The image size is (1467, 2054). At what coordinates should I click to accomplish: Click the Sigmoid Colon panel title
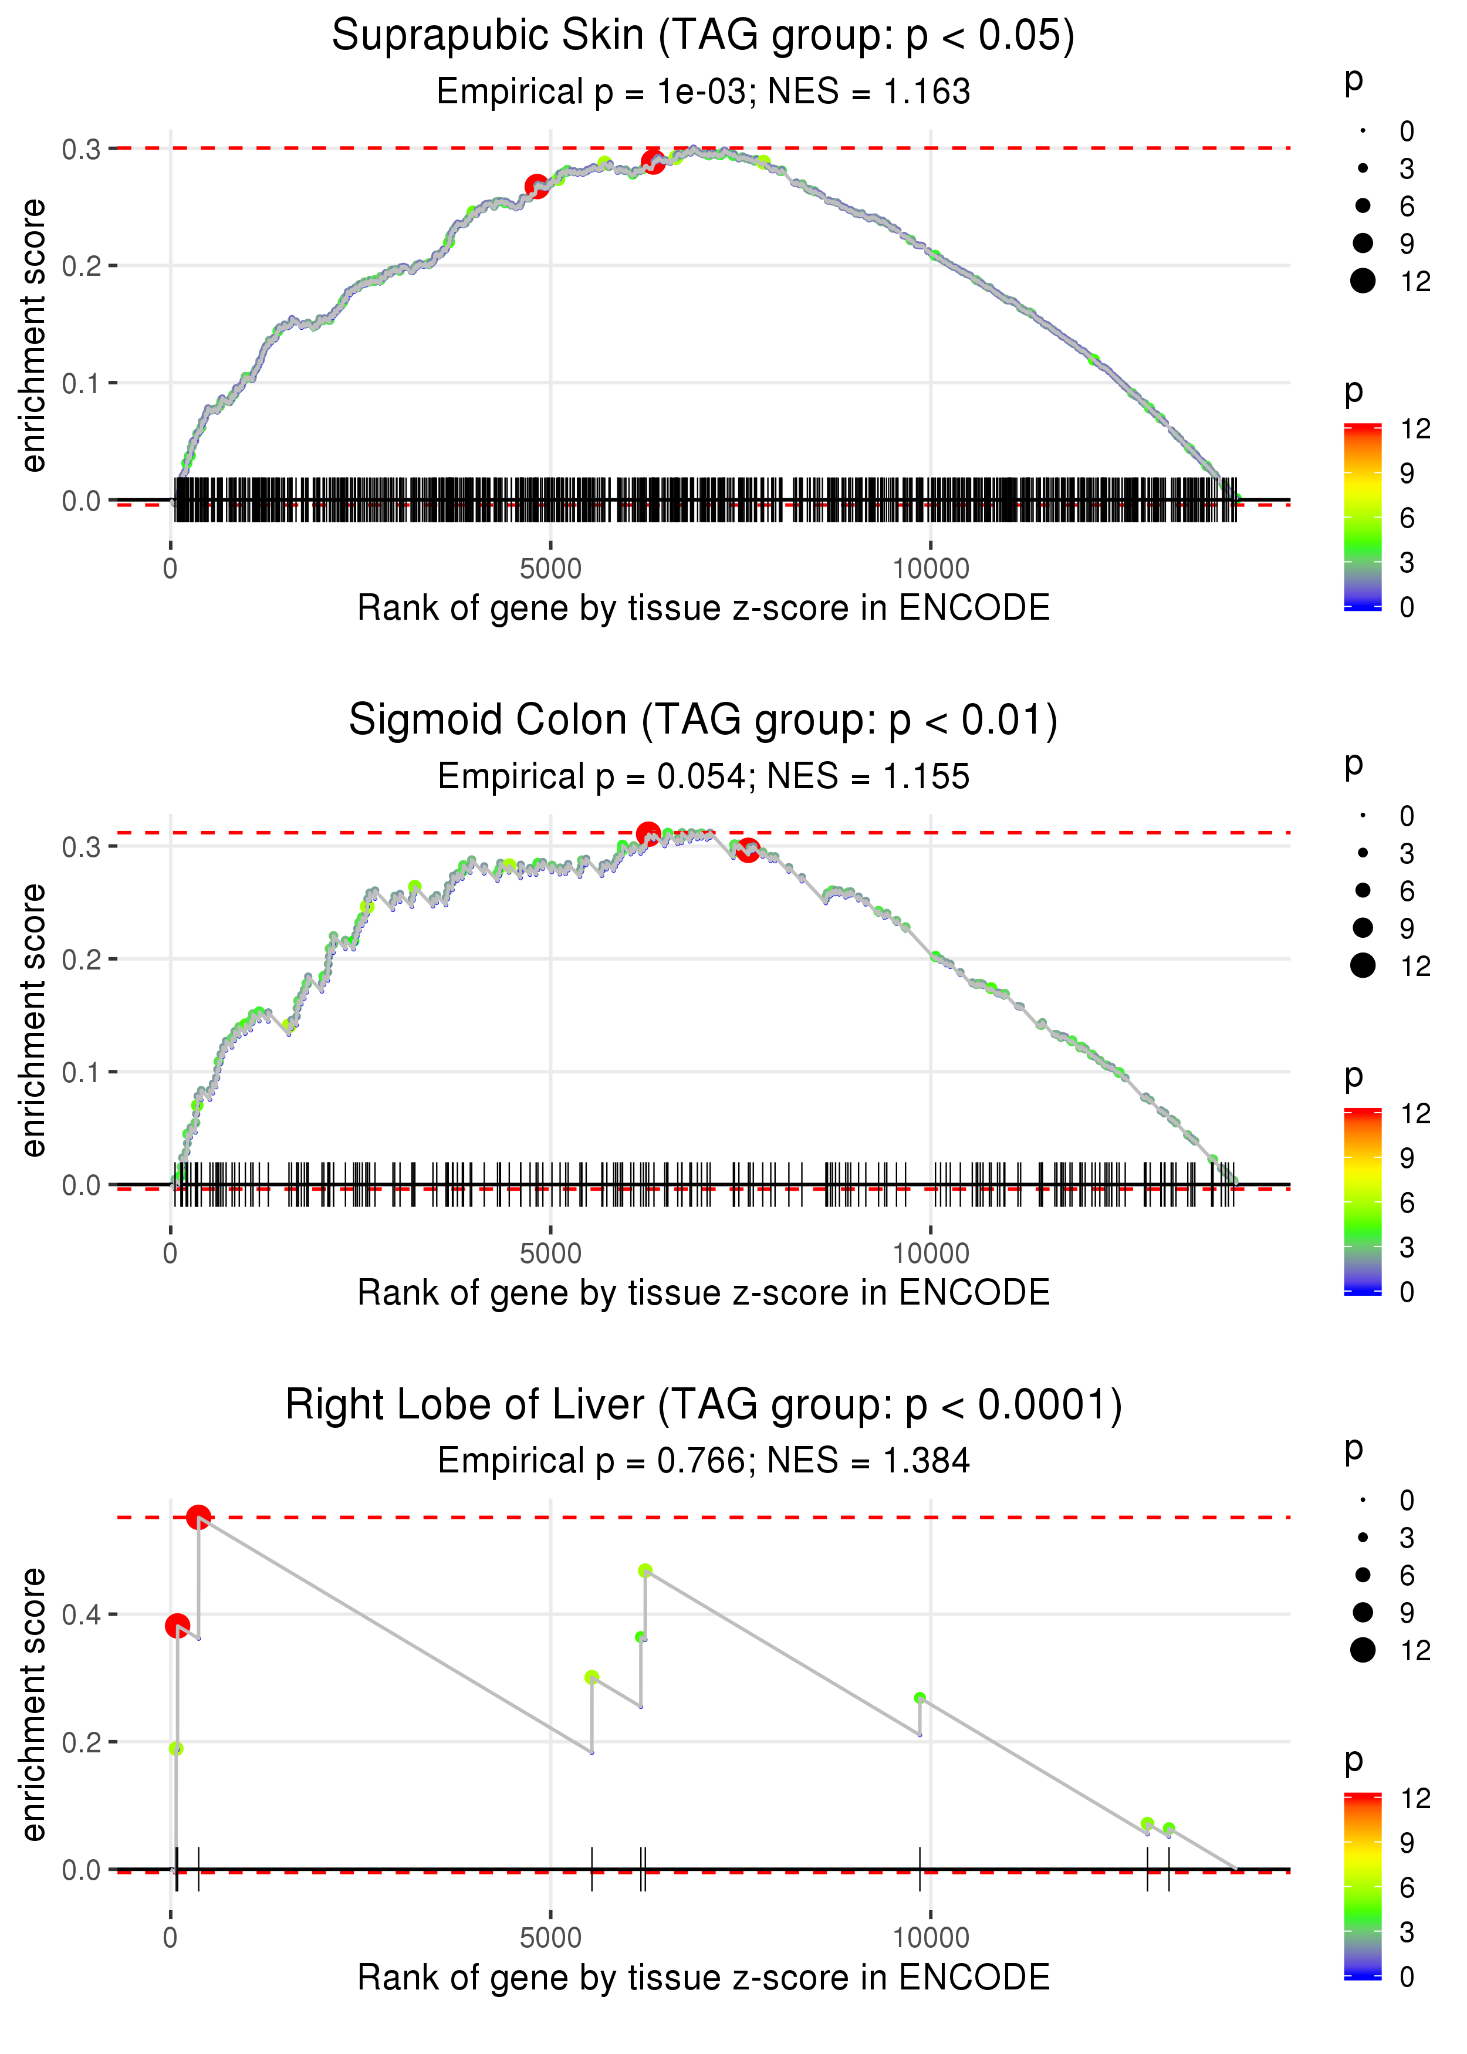(x=703, y=721)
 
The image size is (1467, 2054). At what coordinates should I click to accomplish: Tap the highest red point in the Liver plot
(x=199, y=1518)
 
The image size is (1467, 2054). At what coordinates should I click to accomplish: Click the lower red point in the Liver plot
(x=177, y=1626)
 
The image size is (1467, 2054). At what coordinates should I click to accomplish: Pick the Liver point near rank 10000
(x=920, y=1698)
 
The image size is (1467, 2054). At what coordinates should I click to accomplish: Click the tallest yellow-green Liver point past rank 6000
(x=645, y=1571)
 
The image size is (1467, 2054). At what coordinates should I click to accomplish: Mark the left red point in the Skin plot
(x=536, y=186)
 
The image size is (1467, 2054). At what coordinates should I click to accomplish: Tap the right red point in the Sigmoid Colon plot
(x=747, y=850)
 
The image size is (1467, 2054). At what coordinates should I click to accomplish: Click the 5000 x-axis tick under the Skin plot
(x=550, y=569)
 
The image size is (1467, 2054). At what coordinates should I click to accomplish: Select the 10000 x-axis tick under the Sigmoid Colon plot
(x=931, y=1254)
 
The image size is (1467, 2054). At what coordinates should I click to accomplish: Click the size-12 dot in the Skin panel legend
(x=1362, y=281)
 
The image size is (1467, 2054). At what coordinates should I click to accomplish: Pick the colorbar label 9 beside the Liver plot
(x=1407, y=1843)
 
